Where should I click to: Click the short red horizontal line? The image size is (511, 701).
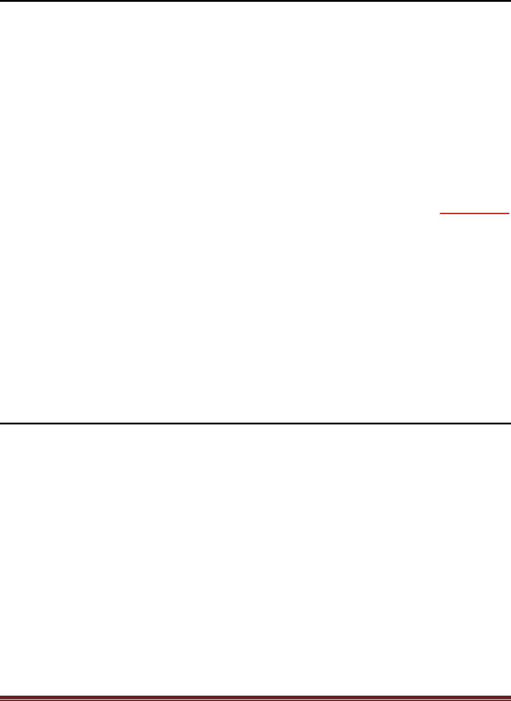pos(475,212)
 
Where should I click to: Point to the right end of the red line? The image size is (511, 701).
pos(509,212)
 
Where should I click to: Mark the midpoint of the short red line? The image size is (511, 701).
pos(475,212)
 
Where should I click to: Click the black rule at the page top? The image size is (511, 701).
pos(255,1)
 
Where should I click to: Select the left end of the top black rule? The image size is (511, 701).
pos(1,1)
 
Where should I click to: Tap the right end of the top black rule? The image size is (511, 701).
pos(510,1)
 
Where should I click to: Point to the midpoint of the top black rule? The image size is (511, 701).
pos(255,1)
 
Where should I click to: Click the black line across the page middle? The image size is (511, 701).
pos(255,423)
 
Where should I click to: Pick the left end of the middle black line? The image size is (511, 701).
pos(1,423)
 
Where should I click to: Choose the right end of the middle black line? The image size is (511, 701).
pos(510,423)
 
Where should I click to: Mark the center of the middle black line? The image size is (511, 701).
pos(255,423)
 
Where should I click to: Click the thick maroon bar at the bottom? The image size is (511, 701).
pos(255,696)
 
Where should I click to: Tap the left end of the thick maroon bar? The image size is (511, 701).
pos(1,696)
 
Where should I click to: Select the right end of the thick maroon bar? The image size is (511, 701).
pos(510,696)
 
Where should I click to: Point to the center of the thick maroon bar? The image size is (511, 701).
pos(255,696)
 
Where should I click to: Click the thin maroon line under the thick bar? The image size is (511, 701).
pos(255,699)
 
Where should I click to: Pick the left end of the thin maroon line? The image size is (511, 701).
pos(1,699)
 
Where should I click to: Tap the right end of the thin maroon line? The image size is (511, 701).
pos(510,699)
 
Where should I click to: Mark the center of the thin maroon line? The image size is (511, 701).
pos(255,699)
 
